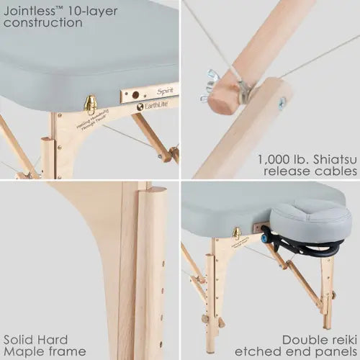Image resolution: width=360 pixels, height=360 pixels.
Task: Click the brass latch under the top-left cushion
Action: tap(91, 105)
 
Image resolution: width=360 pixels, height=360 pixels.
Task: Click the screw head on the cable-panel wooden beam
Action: tap(282, 102)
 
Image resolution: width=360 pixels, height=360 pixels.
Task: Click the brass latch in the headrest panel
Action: tap(236, 233)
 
